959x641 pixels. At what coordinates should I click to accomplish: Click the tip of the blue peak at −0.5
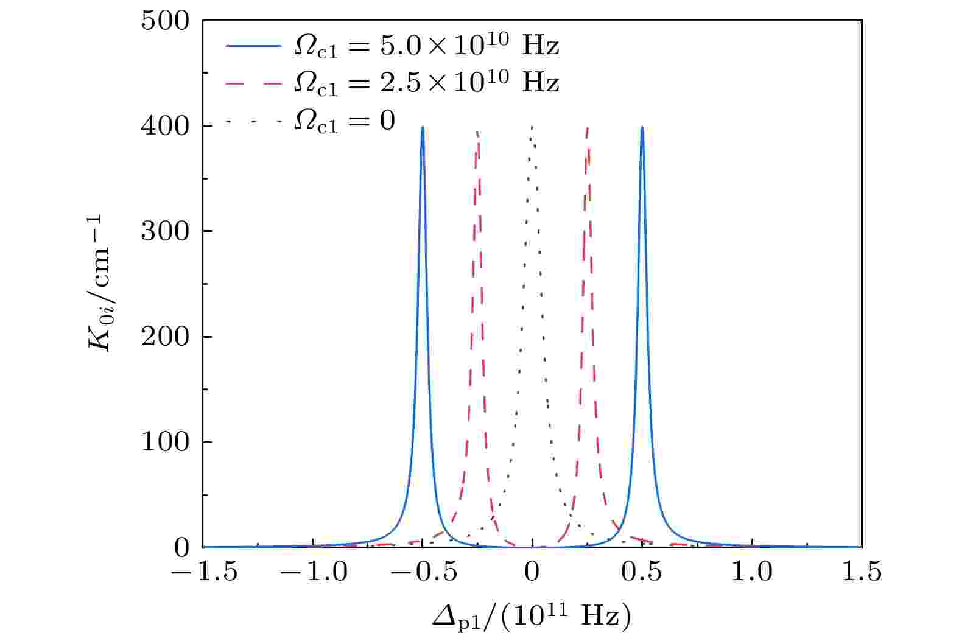click(x=423, y=127)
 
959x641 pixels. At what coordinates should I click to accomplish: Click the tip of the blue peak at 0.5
click(x=642, y=127)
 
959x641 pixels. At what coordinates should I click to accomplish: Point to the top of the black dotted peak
click(x=532, y=127)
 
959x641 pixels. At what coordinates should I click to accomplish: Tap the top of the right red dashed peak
click(x=587, y=127)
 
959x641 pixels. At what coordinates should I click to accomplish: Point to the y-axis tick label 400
click(x=165, y=126)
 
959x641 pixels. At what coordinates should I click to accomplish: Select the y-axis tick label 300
click(x=165, y=231)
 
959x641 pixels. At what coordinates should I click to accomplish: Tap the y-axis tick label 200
click(x=165, y=337)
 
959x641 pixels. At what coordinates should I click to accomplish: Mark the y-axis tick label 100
click(x=165, y=442)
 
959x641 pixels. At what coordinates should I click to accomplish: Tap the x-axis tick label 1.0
click(x=752, y=573)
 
